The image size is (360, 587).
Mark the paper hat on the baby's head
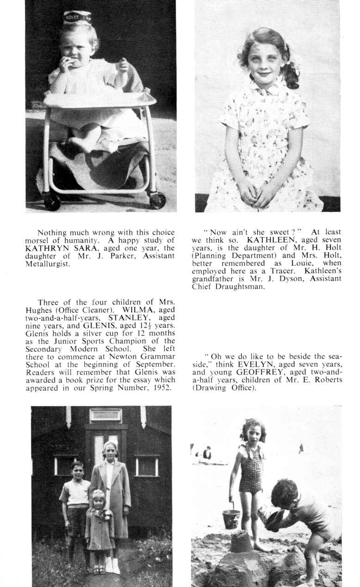pos(77,18)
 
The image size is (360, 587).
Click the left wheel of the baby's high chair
pos(52,201)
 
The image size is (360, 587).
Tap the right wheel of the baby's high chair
pos(157,200)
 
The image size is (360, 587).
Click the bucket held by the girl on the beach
pos(231,518)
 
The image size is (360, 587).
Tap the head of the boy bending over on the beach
pos(285,493)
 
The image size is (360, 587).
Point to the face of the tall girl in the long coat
pos(111,450)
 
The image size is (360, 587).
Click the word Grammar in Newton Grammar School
pos(146,356)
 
